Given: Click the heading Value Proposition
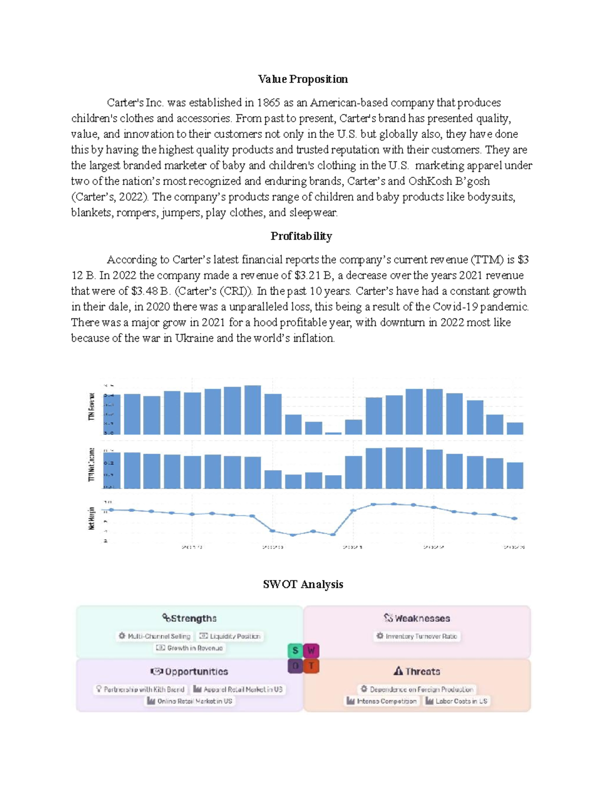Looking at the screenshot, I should (x=302, y=79).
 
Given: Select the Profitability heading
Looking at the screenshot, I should (x=301, y=236).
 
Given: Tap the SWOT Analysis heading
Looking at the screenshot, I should (x=302, y=584).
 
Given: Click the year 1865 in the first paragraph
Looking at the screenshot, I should (x=268, y=103).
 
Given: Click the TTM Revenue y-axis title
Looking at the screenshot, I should (x=91, y=406).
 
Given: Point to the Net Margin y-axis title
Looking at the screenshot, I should (x=91, y=518).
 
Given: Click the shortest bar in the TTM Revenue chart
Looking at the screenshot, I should (x=333, y=433).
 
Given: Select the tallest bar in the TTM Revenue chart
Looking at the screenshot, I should (x=252, y=410).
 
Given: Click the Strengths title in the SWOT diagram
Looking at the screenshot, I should (x=189, y=618).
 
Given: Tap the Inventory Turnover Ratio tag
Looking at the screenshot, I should (x=417, y=636).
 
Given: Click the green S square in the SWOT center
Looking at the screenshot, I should (x=295, y=650).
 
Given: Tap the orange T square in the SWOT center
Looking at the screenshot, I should (x=312, y=666).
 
